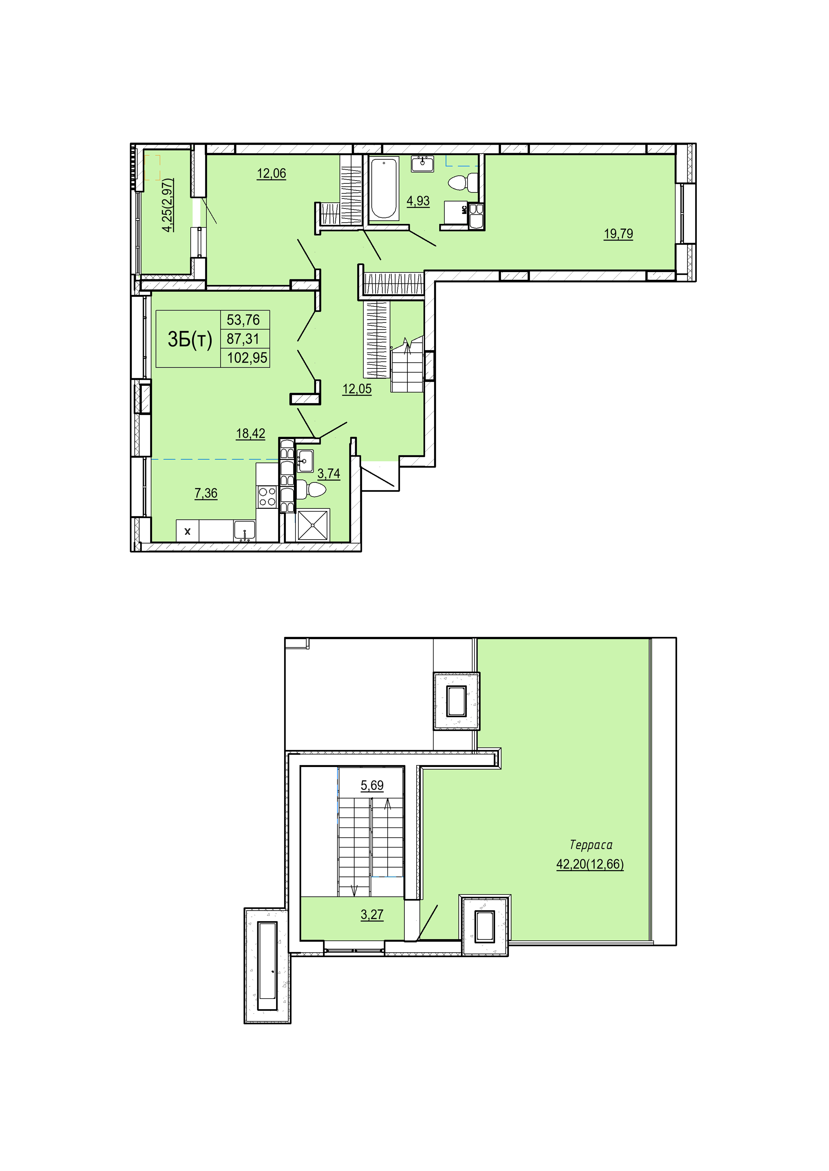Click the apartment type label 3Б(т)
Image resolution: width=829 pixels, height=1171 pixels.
click(190, 339)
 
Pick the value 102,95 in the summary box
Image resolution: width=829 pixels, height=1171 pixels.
click(247, 358)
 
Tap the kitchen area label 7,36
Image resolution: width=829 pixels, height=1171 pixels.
click(206, 493)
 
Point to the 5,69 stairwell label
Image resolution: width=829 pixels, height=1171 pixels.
click(372, 786)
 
